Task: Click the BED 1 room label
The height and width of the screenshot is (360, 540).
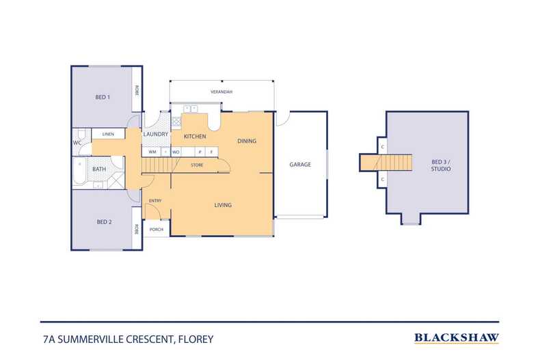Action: (x=103, y=98)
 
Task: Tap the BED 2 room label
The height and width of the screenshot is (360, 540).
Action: (x=103, y=222)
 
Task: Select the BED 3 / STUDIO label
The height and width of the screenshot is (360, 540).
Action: (x=441, y=165)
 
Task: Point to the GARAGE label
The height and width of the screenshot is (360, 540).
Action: (x=300, y=165)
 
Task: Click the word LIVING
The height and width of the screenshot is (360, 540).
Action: (x=223, y=205)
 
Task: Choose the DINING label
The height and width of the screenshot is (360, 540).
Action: (x=247, y=141)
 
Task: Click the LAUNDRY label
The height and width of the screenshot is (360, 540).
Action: (x=156, y=135)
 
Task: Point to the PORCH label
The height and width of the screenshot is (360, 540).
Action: (x=156, y=230)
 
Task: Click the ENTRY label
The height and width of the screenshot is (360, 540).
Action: (x=155, y=200)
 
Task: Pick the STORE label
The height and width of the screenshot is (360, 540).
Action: (x=197, y=165)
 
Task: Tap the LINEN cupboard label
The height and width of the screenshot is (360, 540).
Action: (x=108, y=134)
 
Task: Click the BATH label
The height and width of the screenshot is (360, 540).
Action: (x=99, y=169)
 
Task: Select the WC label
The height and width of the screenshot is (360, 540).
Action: (x=77, y=143)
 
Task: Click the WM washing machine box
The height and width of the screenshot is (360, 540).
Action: (x=153, y=151)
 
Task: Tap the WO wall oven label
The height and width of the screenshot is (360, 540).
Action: (x=176, y=151)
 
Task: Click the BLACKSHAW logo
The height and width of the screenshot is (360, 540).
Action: (x=457, y=337)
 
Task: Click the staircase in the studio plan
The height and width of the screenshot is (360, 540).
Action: (x=396, y=163)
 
